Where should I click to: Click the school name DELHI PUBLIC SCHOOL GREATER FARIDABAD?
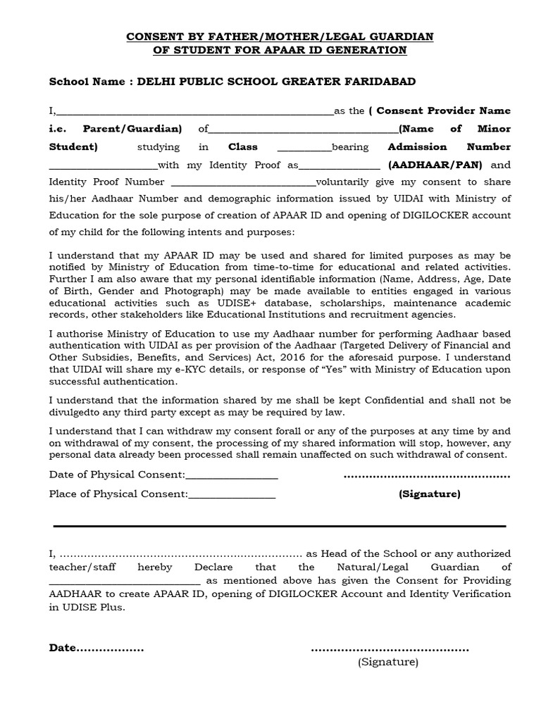pyautogui.click(x=276, y=82)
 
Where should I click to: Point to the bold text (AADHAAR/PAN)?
pyautogui.click(x=435, y=165)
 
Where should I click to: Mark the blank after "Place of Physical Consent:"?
pyautogui.click(x=232, y=495)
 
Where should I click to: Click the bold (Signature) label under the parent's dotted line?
pyautogui.click(x=430, y=494)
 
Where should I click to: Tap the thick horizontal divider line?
pyautogui.click(x=280, y=526)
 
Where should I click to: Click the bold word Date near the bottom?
pyautogui.click(x=61, y=648)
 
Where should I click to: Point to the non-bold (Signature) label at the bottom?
pyautogui.click(x=387, y=662)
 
